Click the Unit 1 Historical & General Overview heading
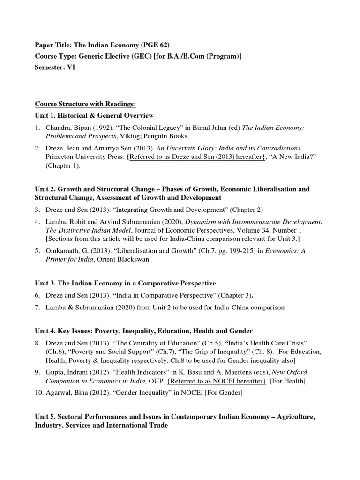tap(94, 115)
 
